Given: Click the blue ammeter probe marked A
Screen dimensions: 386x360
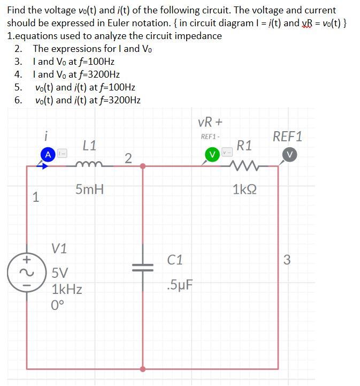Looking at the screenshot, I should [x=48, y=154].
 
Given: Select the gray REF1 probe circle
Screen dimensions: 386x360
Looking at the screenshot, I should [x=289, y=154].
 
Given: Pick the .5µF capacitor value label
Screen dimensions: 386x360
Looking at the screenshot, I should [x=179, y=285].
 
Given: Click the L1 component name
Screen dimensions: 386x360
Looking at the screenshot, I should [x=90, y=145].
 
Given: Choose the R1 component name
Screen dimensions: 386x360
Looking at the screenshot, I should [x=245, y=145].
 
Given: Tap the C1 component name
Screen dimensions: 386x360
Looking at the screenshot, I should [x=175, y=260].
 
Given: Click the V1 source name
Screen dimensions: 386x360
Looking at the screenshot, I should [x=59, y=248].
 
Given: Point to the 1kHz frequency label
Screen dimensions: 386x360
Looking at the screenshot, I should [x=67, y=290].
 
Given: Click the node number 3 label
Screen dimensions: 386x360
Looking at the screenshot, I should [x=287, y=261].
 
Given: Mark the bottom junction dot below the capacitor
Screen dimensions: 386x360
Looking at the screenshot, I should [x=143, y=369].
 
